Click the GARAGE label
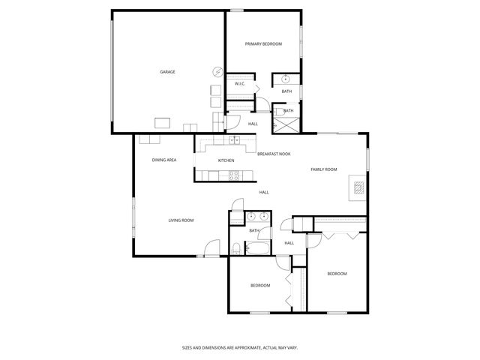click(167, 72)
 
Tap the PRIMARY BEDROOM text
click(264, 44)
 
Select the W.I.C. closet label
click(239, 84)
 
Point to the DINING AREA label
click(164, 160)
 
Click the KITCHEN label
click(226, 160)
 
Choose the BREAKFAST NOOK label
click(274, 154)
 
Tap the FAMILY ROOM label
click(324, 169)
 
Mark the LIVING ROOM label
click(181, 220)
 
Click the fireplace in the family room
click(359, 189)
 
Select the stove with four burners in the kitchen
click(233, 177)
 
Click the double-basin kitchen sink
click(234, 140)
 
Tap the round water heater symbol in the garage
click(217, 72)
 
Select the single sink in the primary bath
click(286, 79)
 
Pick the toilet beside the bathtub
click(235, 249)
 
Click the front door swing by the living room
click(211, 247)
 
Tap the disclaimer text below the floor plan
click(240, 347)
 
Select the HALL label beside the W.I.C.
click(253, 124)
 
